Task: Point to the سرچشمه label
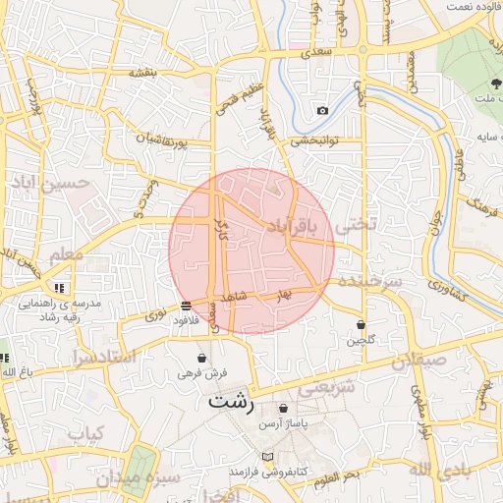pyautogui.click(x=370, y=281)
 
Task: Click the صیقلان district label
pyautogui.click(x=419, y=360)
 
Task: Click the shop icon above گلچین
pyautogui.click(x=362, y=324)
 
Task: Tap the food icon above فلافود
pyautogui.click(x=187, y=306)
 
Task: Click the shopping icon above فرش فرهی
pyautogui.click(x=202, y=359)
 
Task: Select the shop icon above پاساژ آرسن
pyautogui.click(x=283, y=409)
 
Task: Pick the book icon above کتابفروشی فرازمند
pyautogui.click(x=268, y=457)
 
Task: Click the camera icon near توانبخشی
pyautogui.click(x=322, y=110)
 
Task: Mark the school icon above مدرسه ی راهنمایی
pyautogui.click(x=60, y=288)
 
